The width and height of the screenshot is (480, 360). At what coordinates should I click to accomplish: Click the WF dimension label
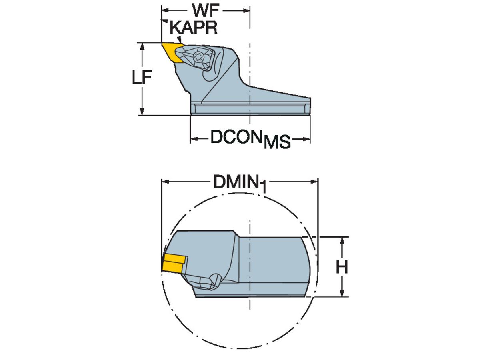[x=206, y=9]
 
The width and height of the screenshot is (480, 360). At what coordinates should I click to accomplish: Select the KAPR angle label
[x=194, y=28]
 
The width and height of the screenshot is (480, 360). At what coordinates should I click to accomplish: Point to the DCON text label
[x=236, y=138]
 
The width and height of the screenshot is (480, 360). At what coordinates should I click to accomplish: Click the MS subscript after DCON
[x=277, y=143]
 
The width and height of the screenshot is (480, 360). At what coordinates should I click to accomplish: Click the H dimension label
[x=342, y=267]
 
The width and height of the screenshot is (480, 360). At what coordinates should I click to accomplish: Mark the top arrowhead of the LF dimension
[x=142, y=46]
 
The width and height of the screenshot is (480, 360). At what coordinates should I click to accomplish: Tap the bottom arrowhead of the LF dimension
[x=142, y=112]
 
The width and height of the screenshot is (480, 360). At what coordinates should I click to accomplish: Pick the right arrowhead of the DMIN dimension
[x=314, y=182]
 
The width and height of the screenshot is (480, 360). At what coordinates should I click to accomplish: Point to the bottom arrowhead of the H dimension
[x=342, y=294]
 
